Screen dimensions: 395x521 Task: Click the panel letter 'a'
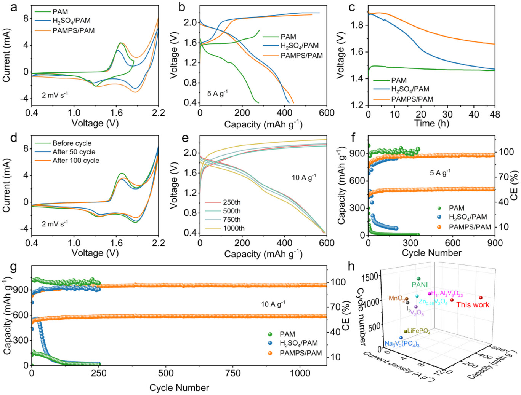(14, 8)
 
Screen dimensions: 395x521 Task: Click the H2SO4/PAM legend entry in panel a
(71, 21)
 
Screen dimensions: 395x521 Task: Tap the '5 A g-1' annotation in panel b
(217, 93)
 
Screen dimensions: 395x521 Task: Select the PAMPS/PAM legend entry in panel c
(412, 99)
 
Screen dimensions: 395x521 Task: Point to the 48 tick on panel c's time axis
(495, 114)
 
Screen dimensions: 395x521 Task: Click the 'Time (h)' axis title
(431, 123)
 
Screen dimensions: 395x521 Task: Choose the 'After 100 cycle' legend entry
(76, 161)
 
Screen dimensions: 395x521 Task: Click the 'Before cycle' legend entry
(72, 143)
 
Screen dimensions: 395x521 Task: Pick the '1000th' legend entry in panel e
(234, 228)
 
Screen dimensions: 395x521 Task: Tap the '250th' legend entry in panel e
(232, 202)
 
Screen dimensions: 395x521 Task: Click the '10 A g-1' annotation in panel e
(304, 177)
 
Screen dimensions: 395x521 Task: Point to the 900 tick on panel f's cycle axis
(495, 243)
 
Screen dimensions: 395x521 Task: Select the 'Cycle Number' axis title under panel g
(179, 388)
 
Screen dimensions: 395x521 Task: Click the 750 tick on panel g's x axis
(233, 373)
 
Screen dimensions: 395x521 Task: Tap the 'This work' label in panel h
(473, 305)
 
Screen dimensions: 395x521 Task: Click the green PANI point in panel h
(418, 279)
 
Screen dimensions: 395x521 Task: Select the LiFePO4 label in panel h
(418, 331)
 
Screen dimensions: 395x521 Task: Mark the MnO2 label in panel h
(396, 299)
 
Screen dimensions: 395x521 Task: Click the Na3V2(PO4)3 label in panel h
(402, 344)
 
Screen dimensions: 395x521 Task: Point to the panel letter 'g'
(14, 268)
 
